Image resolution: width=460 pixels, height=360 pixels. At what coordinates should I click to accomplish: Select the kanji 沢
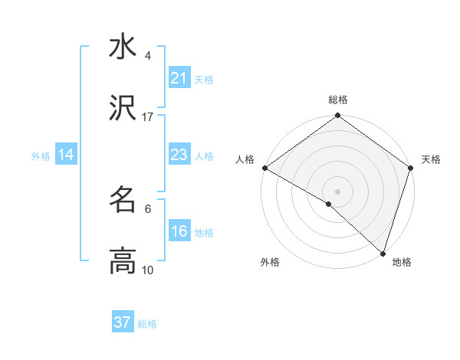123,109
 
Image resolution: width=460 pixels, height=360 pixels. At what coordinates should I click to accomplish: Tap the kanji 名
123,200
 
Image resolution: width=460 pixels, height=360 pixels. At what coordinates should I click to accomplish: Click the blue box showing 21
179,78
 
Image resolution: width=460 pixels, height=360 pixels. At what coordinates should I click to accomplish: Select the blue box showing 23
179,155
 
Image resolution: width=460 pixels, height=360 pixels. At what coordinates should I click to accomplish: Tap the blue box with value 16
179,232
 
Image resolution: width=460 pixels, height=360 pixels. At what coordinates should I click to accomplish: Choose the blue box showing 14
66,155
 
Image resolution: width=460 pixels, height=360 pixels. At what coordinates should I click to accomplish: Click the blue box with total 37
123,322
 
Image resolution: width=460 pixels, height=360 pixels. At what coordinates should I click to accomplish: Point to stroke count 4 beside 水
147,56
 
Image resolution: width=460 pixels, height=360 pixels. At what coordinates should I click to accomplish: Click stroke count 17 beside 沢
148,117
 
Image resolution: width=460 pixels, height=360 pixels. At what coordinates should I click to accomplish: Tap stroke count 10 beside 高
148,270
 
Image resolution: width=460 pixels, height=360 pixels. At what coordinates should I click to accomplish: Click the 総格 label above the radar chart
338,100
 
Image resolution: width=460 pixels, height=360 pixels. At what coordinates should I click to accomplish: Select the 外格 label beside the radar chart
270,263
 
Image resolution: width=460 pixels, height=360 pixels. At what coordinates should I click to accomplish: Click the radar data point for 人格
264,168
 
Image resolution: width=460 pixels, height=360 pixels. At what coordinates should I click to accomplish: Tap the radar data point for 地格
383,253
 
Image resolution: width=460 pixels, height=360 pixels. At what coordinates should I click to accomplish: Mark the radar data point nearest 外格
329,204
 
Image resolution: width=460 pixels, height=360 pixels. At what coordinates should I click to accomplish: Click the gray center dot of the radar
337,191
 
